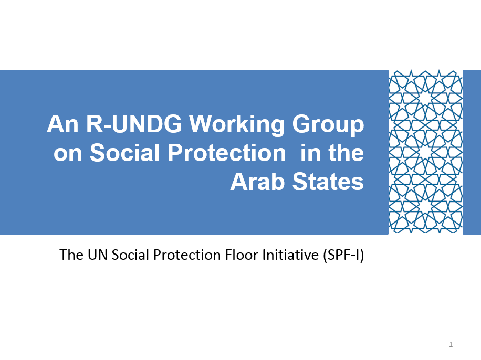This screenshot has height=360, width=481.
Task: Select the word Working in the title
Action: pos(237,125)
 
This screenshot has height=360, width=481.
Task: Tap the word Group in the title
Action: pos(328,125)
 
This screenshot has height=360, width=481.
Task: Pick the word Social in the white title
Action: pos(125,152)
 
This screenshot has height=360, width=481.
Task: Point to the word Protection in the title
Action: pos(227,152)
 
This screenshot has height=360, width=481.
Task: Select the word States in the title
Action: pos(328,182)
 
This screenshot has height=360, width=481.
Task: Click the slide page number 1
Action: pos(451,344)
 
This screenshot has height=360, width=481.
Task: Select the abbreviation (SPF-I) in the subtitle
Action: pos(343,255)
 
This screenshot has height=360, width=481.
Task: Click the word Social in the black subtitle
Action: pos(130,255)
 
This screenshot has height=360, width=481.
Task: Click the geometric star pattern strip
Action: pos(425,152)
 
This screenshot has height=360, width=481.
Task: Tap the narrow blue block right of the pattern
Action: pos(472,152)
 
